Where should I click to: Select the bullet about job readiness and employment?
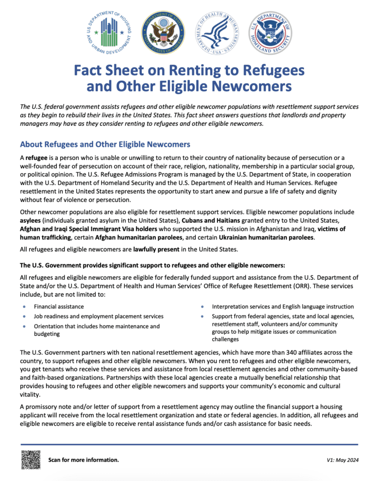pos(98,317)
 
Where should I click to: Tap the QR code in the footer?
pos(30,459)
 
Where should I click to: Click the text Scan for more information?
pos(83,460)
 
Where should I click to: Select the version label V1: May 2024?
pos(342,460)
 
